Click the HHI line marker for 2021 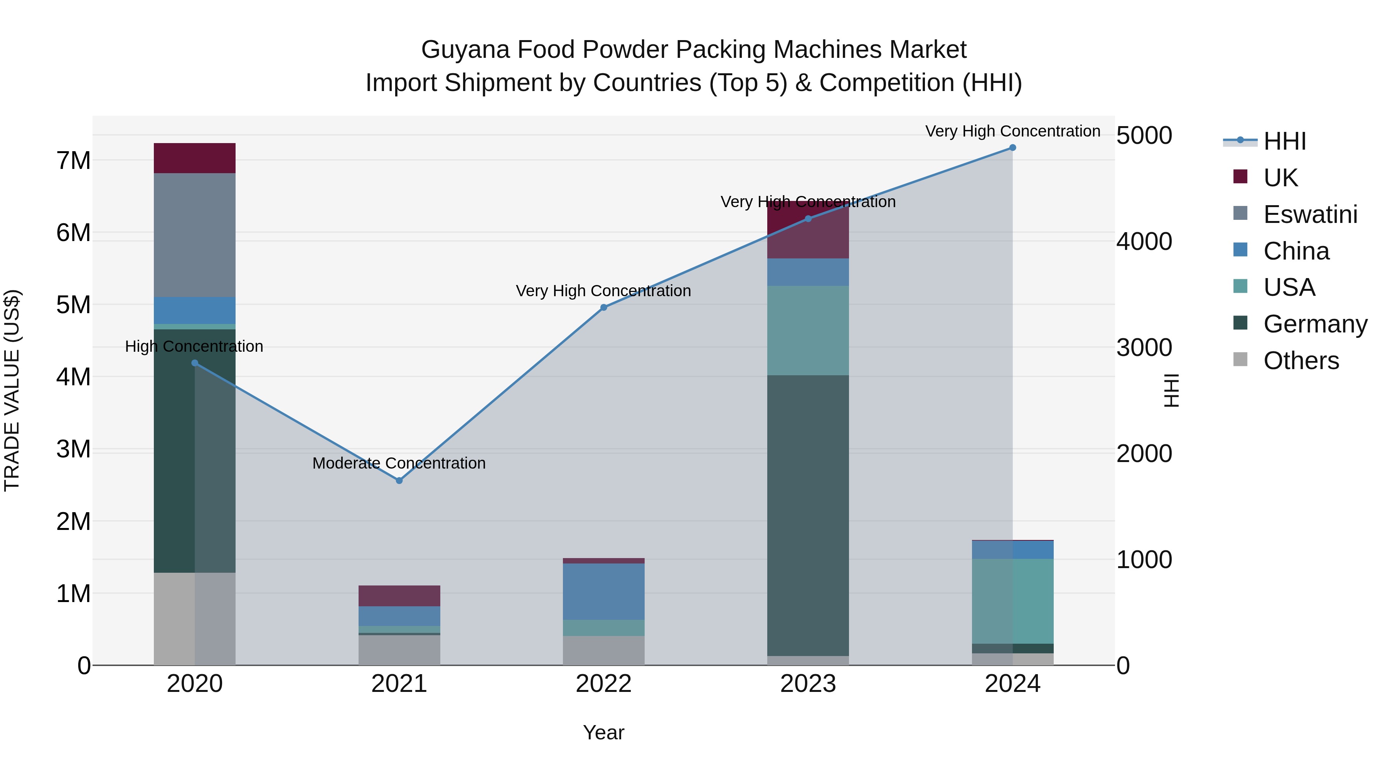(399, 480)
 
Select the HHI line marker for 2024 (1012, 148)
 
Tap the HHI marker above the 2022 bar (603, 307)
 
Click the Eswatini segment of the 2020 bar (195, 235)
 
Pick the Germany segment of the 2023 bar (808, 515)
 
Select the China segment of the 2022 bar (603, 591)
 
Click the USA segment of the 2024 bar (1012, 601)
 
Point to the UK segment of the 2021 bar (399, 595)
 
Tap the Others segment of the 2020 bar (195, 618)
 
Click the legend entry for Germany (1315, 324)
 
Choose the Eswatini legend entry (1309, 214)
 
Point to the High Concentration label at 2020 (194, 346)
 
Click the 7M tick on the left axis (73, 160)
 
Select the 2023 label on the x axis (808, 684)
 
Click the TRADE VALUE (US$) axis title (12, 390)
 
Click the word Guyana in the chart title (465, 50)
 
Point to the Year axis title (603, 732)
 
